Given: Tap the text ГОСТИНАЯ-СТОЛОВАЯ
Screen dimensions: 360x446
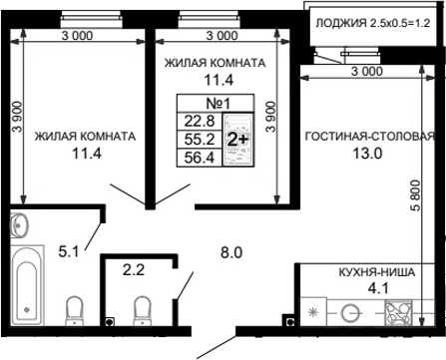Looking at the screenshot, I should (370, 137).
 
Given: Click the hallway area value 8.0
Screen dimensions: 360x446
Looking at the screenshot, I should (231, 253).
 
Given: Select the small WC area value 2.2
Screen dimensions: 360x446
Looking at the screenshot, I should (133, 268).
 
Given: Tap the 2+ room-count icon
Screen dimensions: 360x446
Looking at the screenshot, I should (238, 139).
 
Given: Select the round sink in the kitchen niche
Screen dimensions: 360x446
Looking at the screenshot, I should (350, 312).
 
